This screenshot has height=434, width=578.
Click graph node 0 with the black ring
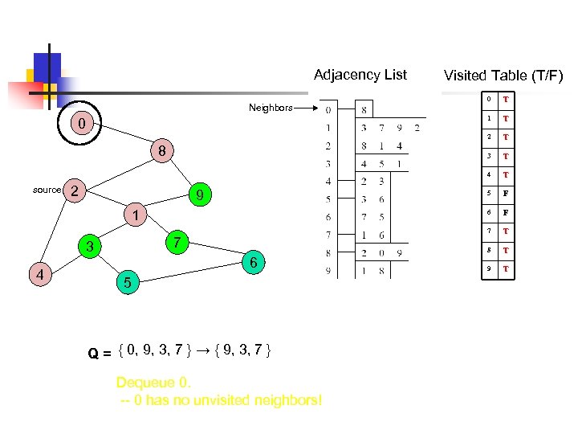click(x=79, y=124)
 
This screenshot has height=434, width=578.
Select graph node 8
click(x=161, y=151)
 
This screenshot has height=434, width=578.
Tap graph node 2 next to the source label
click(x=74, y=190)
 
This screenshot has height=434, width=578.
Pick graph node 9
click(x=202, y=194)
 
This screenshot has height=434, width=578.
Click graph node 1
click(x=137, y=215)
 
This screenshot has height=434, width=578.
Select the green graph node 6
click(x=253, y=263)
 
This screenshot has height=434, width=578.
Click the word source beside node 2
click(x=47, y=190)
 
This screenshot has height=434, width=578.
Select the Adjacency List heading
click(x=360, y=75)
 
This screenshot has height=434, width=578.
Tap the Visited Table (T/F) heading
click(x=503, y=76)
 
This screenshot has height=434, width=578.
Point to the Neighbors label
click(x=271, y=107)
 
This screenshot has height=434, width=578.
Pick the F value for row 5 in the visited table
click(x=506, y=194)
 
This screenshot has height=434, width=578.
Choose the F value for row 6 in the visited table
click(x=506, y=212)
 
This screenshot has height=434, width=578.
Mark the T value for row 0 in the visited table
click(x=506, y=100)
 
